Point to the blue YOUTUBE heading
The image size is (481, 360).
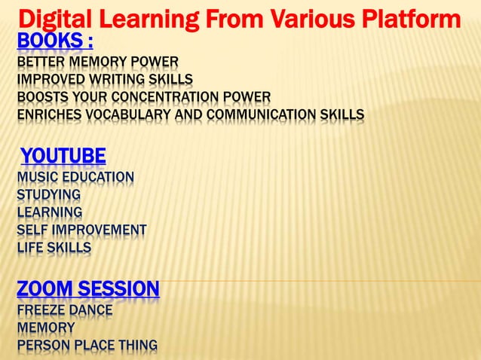coord(63,157)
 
